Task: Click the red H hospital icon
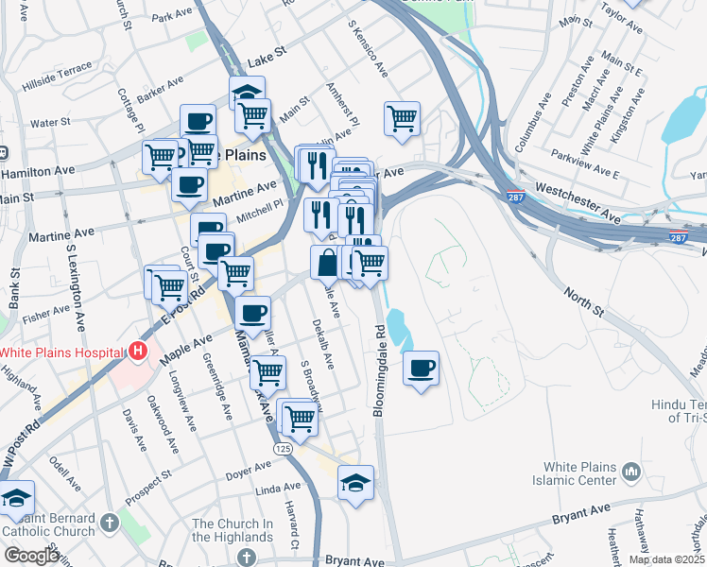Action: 138,352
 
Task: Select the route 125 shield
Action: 282,447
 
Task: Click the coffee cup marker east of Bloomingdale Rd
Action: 422,367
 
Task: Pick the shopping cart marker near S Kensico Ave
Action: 402,118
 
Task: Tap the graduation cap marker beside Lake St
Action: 247,93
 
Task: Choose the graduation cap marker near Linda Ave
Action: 355,482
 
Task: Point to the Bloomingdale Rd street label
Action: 380,359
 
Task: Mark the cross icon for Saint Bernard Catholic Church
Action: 110,522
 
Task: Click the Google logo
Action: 32,557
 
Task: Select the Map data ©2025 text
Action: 666,559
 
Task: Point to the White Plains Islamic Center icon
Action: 632,470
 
